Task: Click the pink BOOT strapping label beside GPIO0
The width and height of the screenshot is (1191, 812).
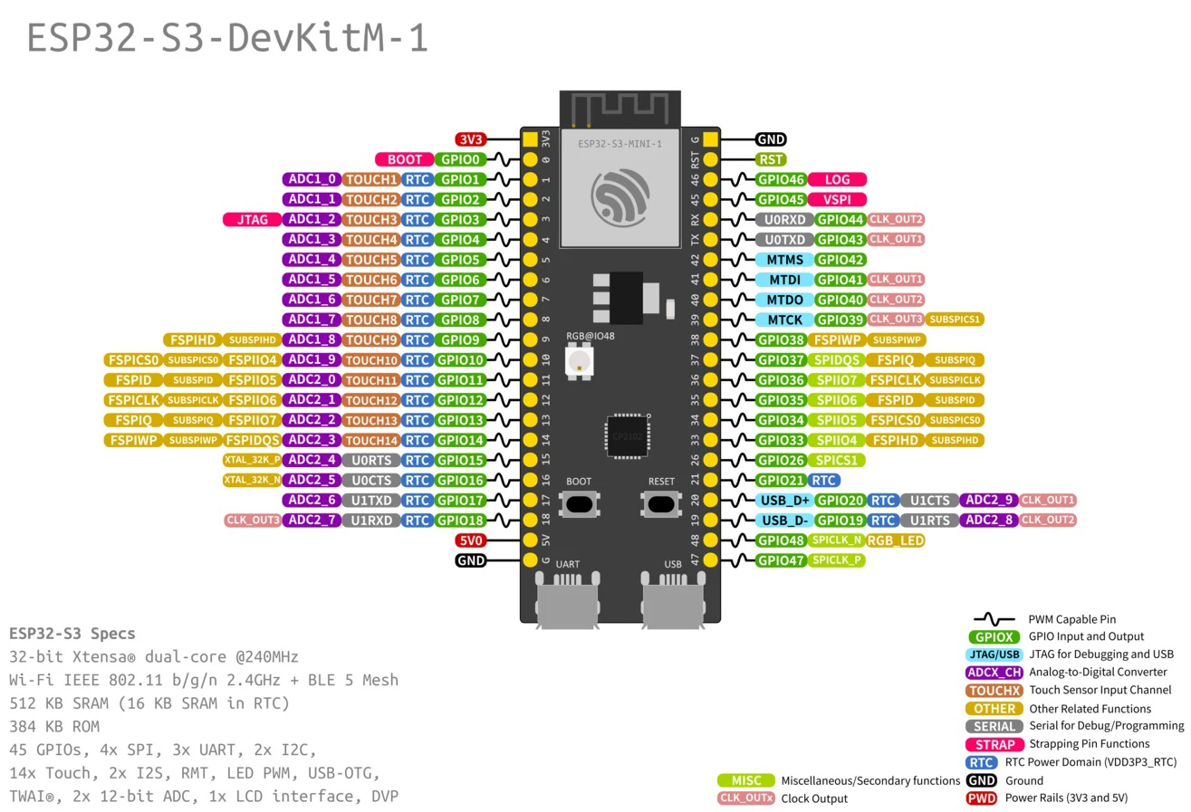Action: coord(404,159)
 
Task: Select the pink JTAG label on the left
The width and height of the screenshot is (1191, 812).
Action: coord(252,219)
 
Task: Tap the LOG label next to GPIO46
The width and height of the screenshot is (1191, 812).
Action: coord(837,179)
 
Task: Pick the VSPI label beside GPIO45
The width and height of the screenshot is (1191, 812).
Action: coord(837,199)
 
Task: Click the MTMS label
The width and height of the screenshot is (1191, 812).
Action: coord(784,260)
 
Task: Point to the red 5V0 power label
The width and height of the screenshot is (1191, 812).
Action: coord(471,540)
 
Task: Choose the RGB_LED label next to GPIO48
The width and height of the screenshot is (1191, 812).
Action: coord(895,540)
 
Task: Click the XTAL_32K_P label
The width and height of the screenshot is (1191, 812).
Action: coord(252,460)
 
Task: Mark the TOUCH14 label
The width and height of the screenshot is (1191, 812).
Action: coord(371,440)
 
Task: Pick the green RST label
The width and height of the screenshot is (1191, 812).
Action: coord(772,159)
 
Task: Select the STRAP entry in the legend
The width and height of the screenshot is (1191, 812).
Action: coord(994,744)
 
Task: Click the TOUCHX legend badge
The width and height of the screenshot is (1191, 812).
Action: coord(994,691)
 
